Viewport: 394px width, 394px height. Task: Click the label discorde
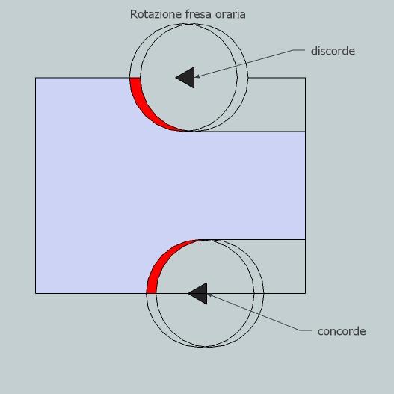(x=333, y=51)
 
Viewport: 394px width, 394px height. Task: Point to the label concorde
(x=342, y=331)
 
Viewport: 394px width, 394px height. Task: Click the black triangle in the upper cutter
(x=187, y=78)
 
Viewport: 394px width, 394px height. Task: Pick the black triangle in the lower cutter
(x=200, y=293)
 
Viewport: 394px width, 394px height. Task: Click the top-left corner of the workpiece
(x=36, y=78)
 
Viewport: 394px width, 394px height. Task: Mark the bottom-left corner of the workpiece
(x=36, y=293)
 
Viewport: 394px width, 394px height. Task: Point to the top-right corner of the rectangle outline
(x=305, y=78)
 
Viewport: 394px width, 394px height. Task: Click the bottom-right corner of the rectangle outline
(x=305, y=293)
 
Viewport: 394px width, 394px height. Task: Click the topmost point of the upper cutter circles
(x=188, y=24)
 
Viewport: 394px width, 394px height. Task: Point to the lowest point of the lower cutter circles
(x=205, y=347)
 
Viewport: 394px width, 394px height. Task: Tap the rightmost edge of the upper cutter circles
(x=247, y=78)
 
